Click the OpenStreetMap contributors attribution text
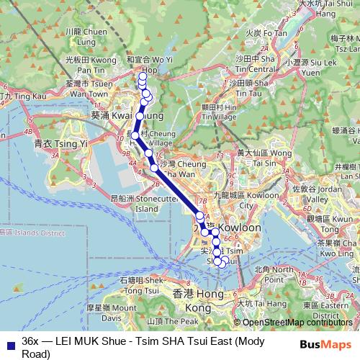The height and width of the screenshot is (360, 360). tap(296, 323)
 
